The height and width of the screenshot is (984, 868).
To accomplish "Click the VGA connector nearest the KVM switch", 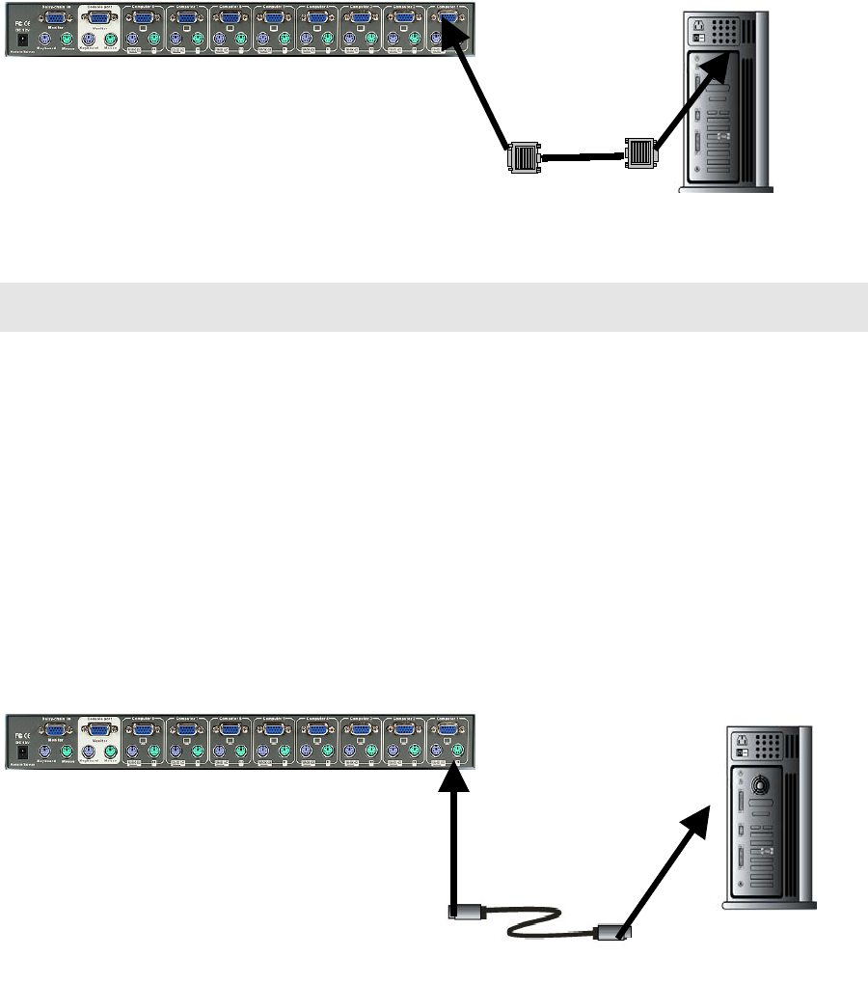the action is [522, 156].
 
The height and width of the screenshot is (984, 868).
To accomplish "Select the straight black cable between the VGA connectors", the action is [581, 154].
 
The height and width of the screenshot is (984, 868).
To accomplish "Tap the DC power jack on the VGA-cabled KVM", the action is [23, 39].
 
